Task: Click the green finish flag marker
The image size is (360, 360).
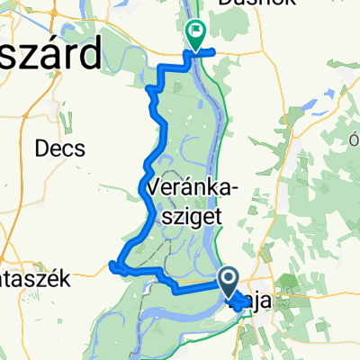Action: pyautogui.click(x=195, y=34)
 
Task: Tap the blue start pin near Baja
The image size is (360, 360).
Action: pyautogui.click(x=229, y=279)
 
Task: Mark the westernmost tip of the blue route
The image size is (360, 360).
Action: pyautogui.click(x=111, y=264)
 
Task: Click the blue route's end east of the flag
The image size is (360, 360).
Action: pyautogui.click(x=215, y=53)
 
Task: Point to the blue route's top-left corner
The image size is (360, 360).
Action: pyautogui.click(x=159, y=68)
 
